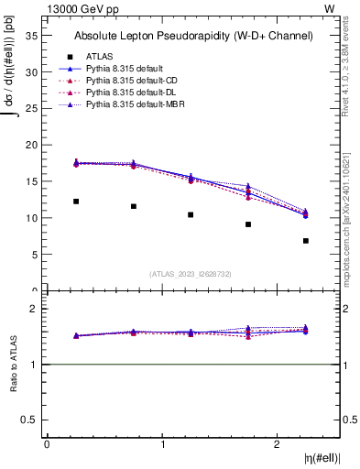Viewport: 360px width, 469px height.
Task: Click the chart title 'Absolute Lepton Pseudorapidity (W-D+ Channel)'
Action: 194,36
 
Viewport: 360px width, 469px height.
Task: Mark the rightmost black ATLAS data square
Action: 305,241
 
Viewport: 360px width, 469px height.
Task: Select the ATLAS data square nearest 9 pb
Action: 248,224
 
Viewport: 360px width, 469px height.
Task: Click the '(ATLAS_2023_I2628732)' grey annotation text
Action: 191,273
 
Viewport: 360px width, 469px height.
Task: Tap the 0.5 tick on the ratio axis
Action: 34,420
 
